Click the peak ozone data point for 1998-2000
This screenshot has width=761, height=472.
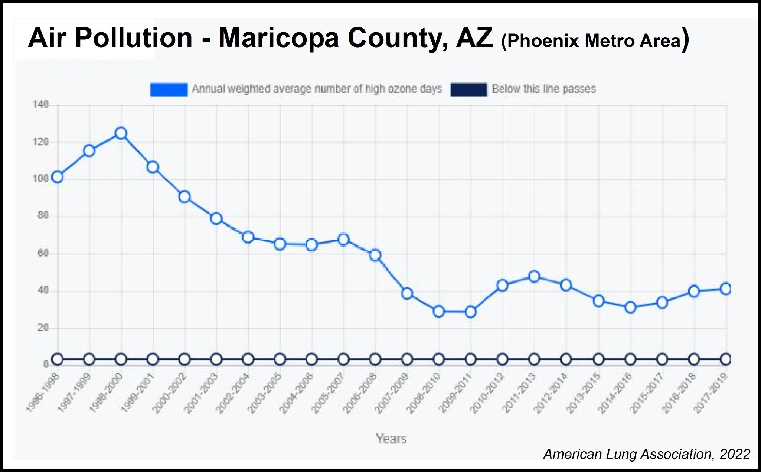[x=121, y=133]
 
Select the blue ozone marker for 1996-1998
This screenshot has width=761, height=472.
[x=57, y=177]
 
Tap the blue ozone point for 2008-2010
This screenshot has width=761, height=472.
[x=439, y=311]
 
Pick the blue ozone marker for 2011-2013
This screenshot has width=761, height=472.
[x=534, y=276]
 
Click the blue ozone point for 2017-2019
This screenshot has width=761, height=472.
[x=726, y=289]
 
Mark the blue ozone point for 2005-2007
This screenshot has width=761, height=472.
[x=343, y=240]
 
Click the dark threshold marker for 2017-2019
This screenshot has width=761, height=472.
[x=726, y=359]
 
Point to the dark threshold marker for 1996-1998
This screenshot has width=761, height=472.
[x=57, y=359]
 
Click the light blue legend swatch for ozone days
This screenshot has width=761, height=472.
[x=169, y=89]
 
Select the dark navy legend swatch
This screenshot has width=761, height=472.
[x=468, y=89]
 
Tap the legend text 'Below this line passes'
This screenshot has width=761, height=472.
[x=543, y=89]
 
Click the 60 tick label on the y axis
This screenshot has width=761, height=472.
[x=43, y=254]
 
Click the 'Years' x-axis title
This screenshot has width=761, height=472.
[x=391, y=439]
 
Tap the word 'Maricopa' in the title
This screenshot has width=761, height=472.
[x=278, y=38]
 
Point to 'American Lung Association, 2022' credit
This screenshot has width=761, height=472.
[x=647, y=454]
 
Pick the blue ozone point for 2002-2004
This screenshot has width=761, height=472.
[x=248, y=237]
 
